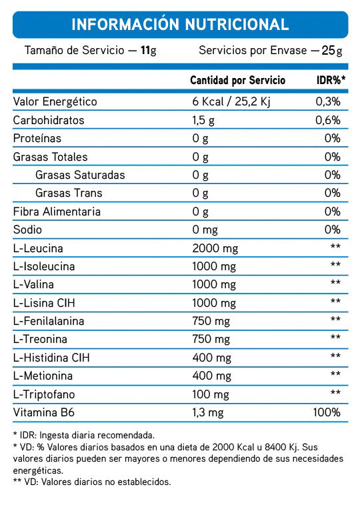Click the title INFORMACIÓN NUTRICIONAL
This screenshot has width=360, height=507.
tap(179, 25)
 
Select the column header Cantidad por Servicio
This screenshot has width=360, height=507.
tap(237, 80)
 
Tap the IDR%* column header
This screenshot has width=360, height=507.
tap(330, 80)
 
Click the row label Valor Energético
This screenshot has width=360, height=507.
tap(55, 102)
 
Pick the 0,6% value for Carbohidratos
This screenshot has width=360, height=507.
tap(328, 120)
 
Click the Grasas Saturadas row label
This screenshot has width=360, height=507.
tap(80, 175)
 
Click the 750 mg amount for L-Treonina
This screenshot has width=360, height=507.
tap(210, 339)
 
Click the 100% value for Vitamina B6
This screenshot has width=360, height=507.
tap(327, 412)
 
